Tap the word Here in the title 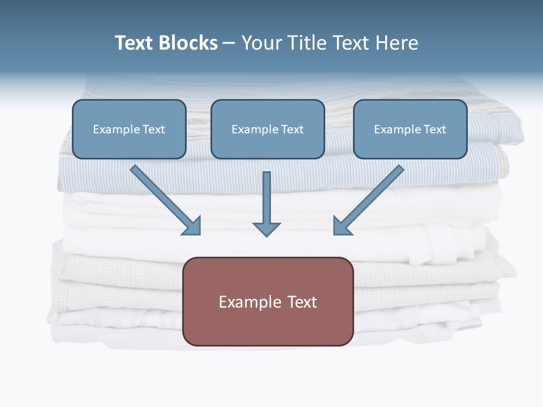pos(397,43)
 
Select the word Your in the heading pos(262,43)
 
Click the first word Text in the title pos(135,43)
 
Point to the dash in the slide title pos(229,44)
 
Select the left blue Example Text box pos(129,129)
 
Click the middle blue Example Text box pos(268,129)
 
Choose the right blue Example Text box pos(410,129)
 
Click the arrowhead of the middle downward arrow pos(266,229)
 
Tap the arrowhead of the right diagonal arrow pos(341,226)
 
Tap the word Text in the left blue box pos(154,129)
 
